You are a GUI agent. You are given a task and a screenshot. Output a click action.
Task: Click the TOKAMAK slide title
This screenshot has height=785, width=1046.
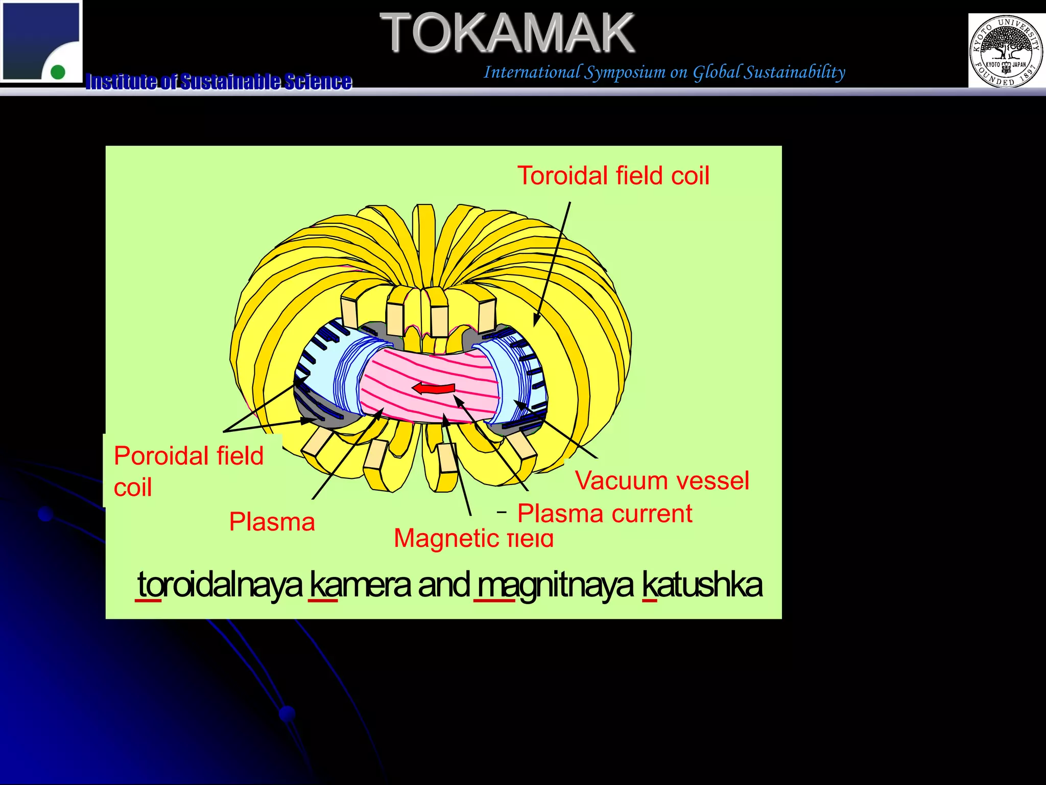point(507,33)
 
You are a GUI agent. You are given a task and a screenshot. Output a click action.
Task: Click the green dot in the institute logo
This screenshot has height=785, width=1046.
point(58,72)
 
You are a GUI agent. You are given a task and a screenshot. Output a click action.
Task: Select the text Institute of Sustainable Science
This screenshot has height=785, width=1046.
point(219,81)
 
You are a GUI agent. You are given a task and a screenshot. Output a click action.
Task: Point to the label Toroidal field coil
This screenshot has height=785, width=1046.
point(613,176)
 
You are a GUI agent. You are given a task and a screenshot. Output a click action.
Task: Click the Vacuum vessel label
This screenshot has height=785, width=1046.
point(662,481)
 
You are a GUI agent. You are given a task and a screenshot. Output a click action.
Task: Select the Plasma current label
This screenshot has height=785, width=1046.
point(605,514)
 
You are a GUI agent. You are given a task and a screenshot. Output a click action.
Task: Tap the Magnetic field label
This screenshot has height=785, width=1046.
point(473,539)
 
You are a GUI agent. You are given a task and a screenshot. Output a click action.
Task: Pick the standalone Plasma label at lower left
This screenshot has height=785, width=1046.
point(272,522)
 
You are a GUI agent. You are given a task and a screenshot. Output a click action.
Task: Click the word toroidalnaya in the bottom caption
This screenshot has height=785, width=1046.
point(220,585)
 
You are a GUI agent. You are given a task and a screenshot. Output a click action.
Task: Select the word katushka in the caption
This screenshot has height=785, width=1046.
point(702,585)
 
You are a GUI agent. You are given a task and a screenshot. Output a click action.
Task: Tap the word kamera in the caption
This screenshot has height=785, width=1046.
point(360,585)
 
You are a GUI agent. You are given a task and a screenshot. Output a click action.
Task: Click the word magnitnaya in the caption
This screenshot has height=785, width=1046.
point(555,585)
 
